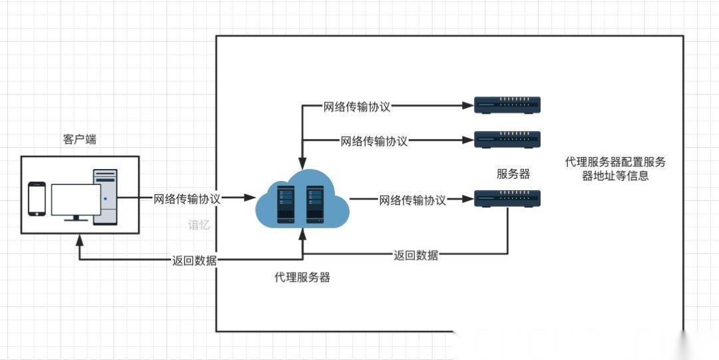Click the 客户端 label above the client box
point(79,139)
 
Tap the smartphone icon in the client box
point(37,199)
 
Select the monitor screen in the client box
point(76,200)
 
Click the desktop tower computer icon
point(105,197)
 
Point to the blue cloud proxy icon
point(302,198)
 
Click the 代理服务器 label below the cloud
point(302,277)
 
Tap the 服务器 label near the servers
point(513,174)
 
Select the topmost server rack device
point(507,105)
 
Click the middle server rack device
point(507,140)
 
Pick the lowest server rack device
point(507,198)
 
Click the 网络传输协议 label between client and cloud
point(187,198)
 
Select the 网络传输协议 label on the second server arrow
point(374,140)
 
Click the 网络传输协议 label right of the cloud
point(412,200)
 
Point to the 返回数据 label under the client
point(194,260)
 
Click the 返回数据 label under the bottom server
point(415,255)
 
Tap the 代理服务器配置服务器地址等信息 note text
point(615,169)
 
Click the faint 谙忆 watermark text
point(199,225)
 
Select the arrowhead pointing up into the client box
point(80,238)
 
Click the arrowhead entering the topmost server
point(467,105)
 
